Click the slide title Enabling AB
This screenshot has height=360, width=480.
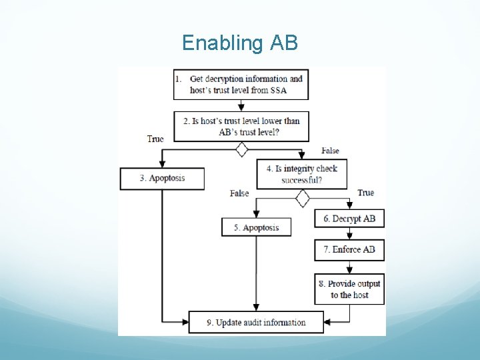pos(240,43)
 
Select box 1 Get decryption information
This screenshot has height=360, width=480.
pos(240,84)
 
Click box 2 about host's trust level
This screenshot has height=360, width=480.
pos(241,126)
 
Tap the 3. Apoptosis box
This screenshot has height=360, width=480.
pos(162,179)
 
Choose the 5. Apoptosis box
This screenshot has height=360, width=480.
pos(256,227)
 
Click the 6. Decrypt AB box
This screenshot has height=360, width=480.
pos(349,219)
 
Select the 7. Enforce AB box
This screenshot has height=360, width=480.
pos(349,249)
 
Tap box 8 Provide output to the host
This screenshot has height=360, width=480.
pos(349,289)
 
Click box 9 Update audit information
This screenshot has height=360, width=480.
pos(256,323)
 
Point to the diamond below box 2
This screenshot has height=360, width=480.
pos(241,149)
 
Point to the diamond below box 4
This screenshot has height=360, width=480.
pos(303,198)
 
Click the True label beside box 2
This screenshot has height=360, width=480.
pos(155,139)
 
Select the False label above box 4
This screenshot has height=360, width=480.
pos(330,151)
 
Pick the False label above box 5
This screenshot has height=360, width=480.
pos(239,193)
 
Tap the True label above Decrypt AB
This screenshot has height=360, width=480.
pos(365,193)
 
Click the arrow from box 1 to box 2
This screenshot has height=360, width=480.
pos(241,105)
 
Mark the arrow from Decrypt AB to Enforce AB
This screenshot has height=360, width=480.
pos(349,233)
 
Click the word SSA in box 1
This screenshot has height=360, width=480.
pos(278,90)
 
